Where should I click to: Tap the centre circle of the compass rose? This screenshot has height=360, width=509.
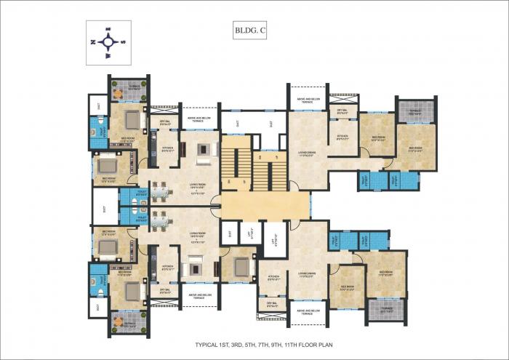coord(109,41)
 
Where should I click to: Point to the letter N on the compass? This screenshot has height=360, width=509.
coord(95,42)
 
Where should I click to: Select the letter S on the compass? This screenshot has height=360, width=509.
coord(124,42)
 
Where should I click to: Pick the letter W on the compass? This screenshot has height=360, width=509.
coord(109,55)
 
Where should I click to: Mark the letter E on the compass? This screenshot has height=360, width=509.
coord(109,28)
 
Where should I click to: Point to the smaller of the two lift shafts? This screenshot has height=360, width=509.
coord(251,233)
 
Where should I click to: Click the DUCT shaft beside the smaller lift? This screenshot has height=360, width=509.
coord(231,233)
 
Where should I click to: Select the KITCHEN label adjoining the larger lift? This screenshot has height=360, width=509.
coord(274,278)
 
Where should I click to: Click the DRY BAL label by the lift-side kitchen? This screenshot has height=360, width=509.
coord(273,305)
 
